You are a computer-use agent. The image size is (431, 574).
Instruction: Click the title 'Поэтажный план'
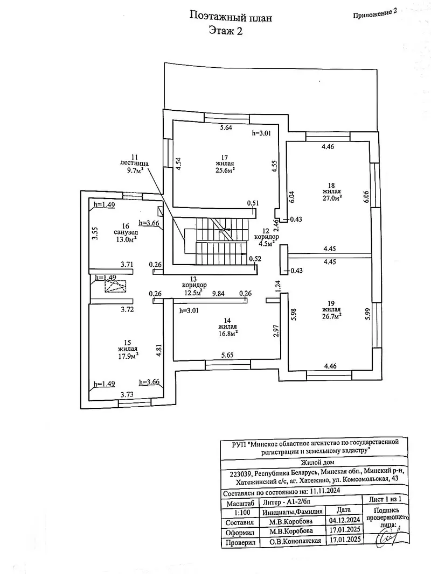[231, 17]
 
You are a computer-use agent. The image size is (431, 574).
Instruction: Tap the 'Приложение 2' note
[375, 13]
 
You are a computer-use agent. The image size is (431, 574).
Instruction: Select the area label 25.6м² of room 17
[226, 170]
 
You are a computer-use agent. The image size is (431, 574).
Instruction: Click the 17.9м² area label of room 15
[128, 356]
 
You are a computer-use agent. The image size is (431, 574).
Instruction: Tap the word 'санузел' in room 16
[126, 233]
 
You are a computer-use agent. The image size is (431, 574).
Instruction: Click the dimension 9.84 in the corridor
[218, 293]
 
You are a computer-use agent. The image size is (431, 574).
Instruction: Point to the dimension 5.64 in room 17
[226, 127]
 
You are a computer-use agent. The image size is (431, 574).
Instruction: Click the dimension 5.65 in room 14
[226, 355]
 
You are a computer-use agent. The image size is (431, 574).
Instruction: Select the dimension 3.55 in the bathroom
[95, 233]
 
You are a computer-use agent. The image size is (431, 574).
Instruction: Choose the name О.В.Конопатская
[295, 541]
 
